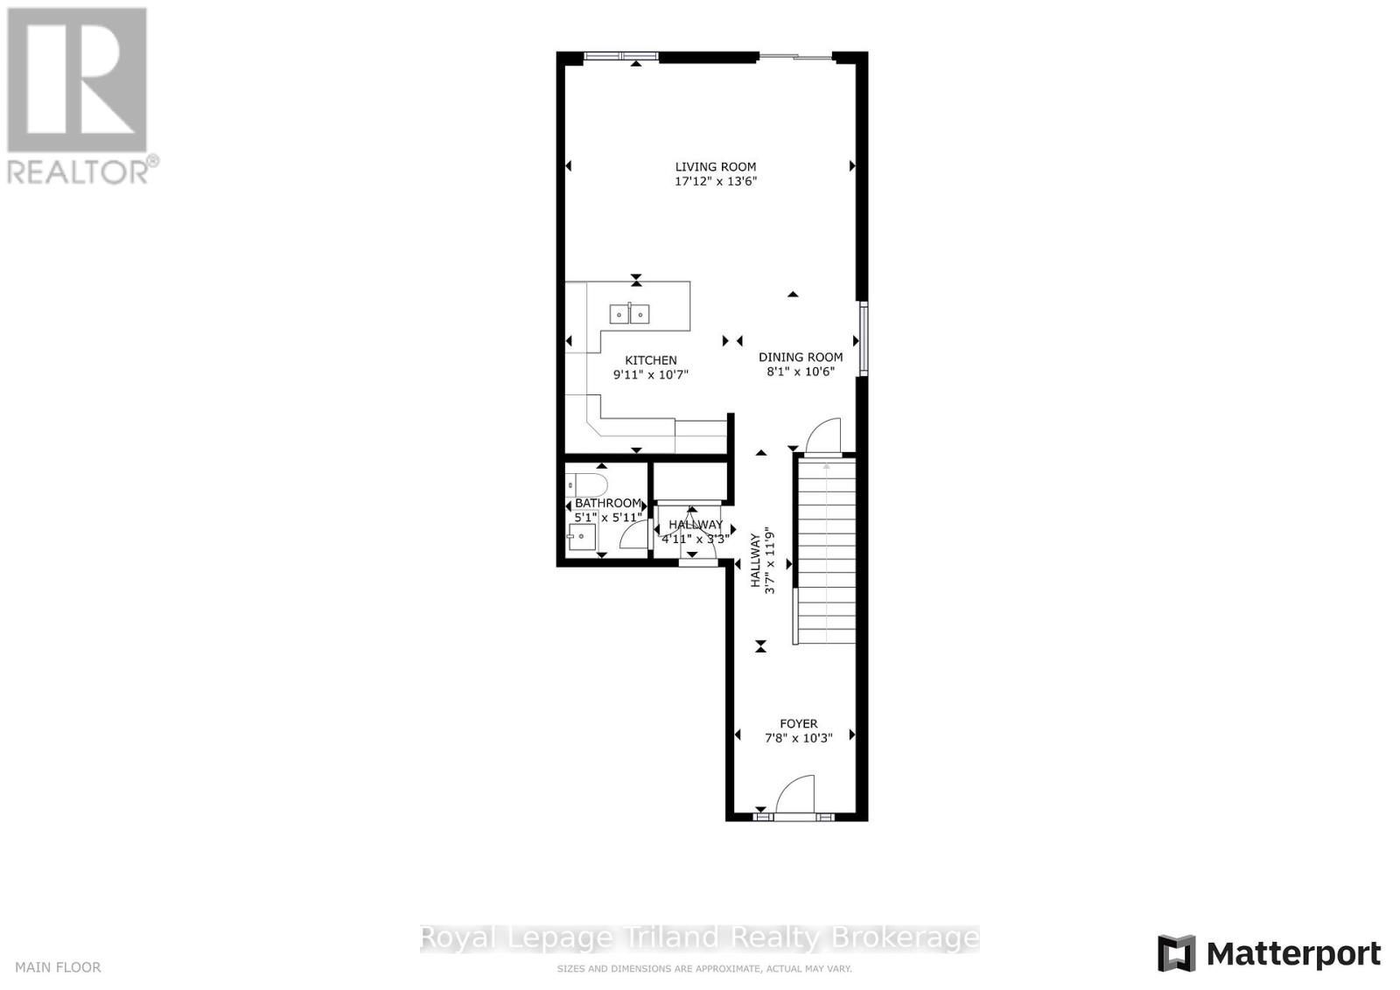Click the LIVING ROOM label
point(715,167)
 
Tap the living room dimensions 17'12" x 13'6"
point(715,182)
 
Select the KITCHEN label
point(650,360)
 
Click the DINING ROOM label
point(801,357)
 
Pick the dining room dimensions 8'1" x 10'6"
point(801,371)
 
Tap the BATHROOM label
point(608,503)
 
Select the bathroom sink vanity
point(581,536)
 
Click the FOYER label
point(798,724)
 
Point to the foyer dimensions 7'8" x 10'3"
point(798,738)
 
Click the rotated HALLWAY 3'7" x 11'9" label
point(762,561)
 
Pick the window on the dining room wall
point(863,338)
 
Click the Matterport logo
point(1269,952)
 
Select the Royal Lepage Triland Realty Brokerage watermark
point(700,938)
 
